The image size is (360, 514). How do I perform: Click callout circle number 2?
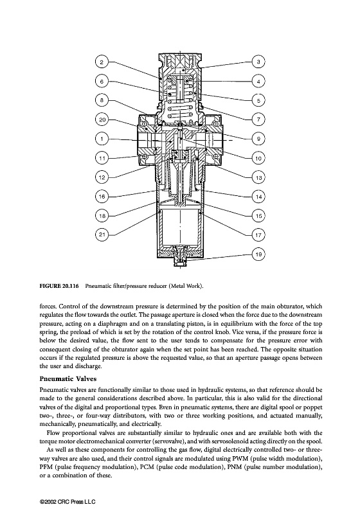pyautogui.click(x=102, y=62)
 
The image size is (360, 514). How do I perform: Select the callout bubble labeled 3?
pyautogui.click(x=258, y=62)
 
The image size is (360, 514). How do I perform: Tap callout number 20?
pyautogui.click(x=102, y=120)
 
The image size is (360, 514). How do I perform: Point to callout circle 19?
pyautogui.click(x=258, y=254)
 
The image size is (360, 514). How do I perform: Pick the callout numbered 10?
pyautogui.click(x=258, y=158)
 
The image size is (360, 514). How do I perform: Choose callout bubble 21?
pyautogui.click(x=102, y=235)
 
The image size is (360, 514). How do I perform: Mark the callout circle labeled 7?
pyautogui.click(x=258, y=120)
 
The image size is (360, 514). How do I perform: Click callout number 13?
pyautogui.click(x=258, y=177)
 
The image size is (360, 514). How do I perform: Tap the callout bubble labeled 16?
pyautogui.click(x=102, y=197)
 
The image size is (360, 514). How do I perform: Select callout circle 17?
pyautogui.click(x=258, y=235)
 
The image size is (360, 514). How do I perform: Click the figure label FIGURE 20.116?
pyautogui.click(x=59, y=286)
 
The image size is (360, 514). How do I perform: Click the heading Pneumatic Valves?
pyautogui.click(x=68, y=379)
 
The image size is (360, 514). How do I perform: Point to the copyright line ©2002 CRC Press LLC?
pyautogui.click(x=67, y=502)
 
